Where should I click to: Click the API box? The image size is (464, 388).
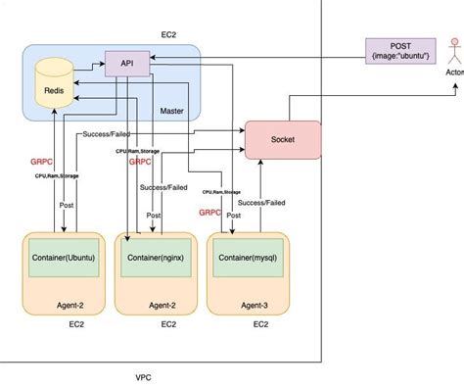pyautogui.click(x=126, y=63)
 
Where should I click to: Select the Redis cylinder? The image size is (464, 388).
pyautogui.click(x=54, y=85)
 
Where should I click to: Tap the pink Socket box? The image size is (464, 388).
pyautogui.click(x=283, y=139)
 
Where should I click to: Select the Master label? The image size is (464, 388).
pyautogui.click(x=171, y=111)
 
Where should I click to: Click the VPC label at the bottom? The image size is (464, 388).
pyautogui.click(x=143, y=376)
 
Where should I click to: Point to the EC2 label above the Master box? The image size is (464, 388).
pyautogui.click(x=169, y=32)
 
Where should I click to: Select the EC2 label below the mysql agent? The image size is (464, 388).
pyautogui.click(x=260, y=324)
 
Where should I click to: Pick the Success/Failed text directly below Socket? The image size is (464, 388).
pyautogui.click(x=262, y=203)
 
